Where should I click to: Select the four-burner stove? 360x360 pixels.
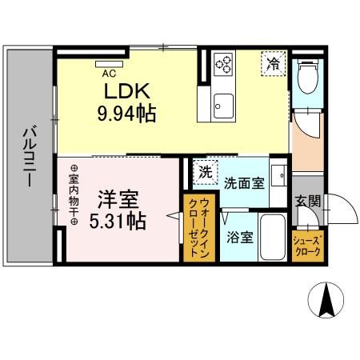[x=222, y=63]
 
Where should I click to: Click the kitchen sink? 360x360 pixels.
[x=222, y=104]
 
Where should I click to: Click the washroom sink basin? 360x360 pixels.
[x=278, y=174]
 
